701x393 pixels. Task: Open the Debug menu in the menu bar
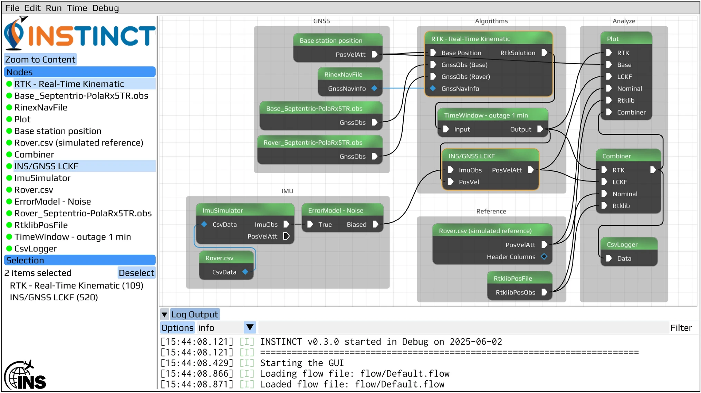(105, 8)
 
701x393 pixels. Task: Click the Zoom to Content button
(40, 59)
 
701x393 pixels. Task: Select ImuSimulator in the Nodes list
(42, 178)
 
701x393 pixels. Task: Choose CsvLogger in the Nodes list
(36, 249)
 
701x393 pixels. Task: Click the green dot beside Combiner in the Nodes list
(9, 155)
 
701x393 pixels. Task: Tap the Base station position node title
(331, 40)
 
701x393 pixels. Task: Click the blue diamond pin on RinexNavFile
(374, 88)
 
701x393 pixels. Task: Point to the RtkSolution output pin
(544, 53)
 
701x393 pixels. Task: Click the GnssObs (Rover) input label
(465, 76)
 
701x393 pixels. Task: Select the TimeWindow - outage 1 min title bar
(492, 115)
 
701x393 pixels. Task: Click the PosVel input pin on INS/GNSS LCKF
(450, 182)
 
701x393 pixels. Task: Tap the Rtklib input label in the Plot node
(626, 100)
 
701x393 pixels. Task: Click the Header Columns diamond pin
(544, 256)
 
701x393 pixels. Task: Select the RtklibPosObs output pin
(544, 292)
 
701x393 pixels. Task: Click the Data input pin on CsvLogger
(609, 258)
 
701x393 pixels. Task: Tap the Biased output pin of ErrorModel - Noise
(375, 224)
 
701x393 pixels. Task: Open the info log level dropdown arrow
(250, 327)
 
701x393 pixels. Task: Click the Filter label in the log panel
(681, 328)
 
